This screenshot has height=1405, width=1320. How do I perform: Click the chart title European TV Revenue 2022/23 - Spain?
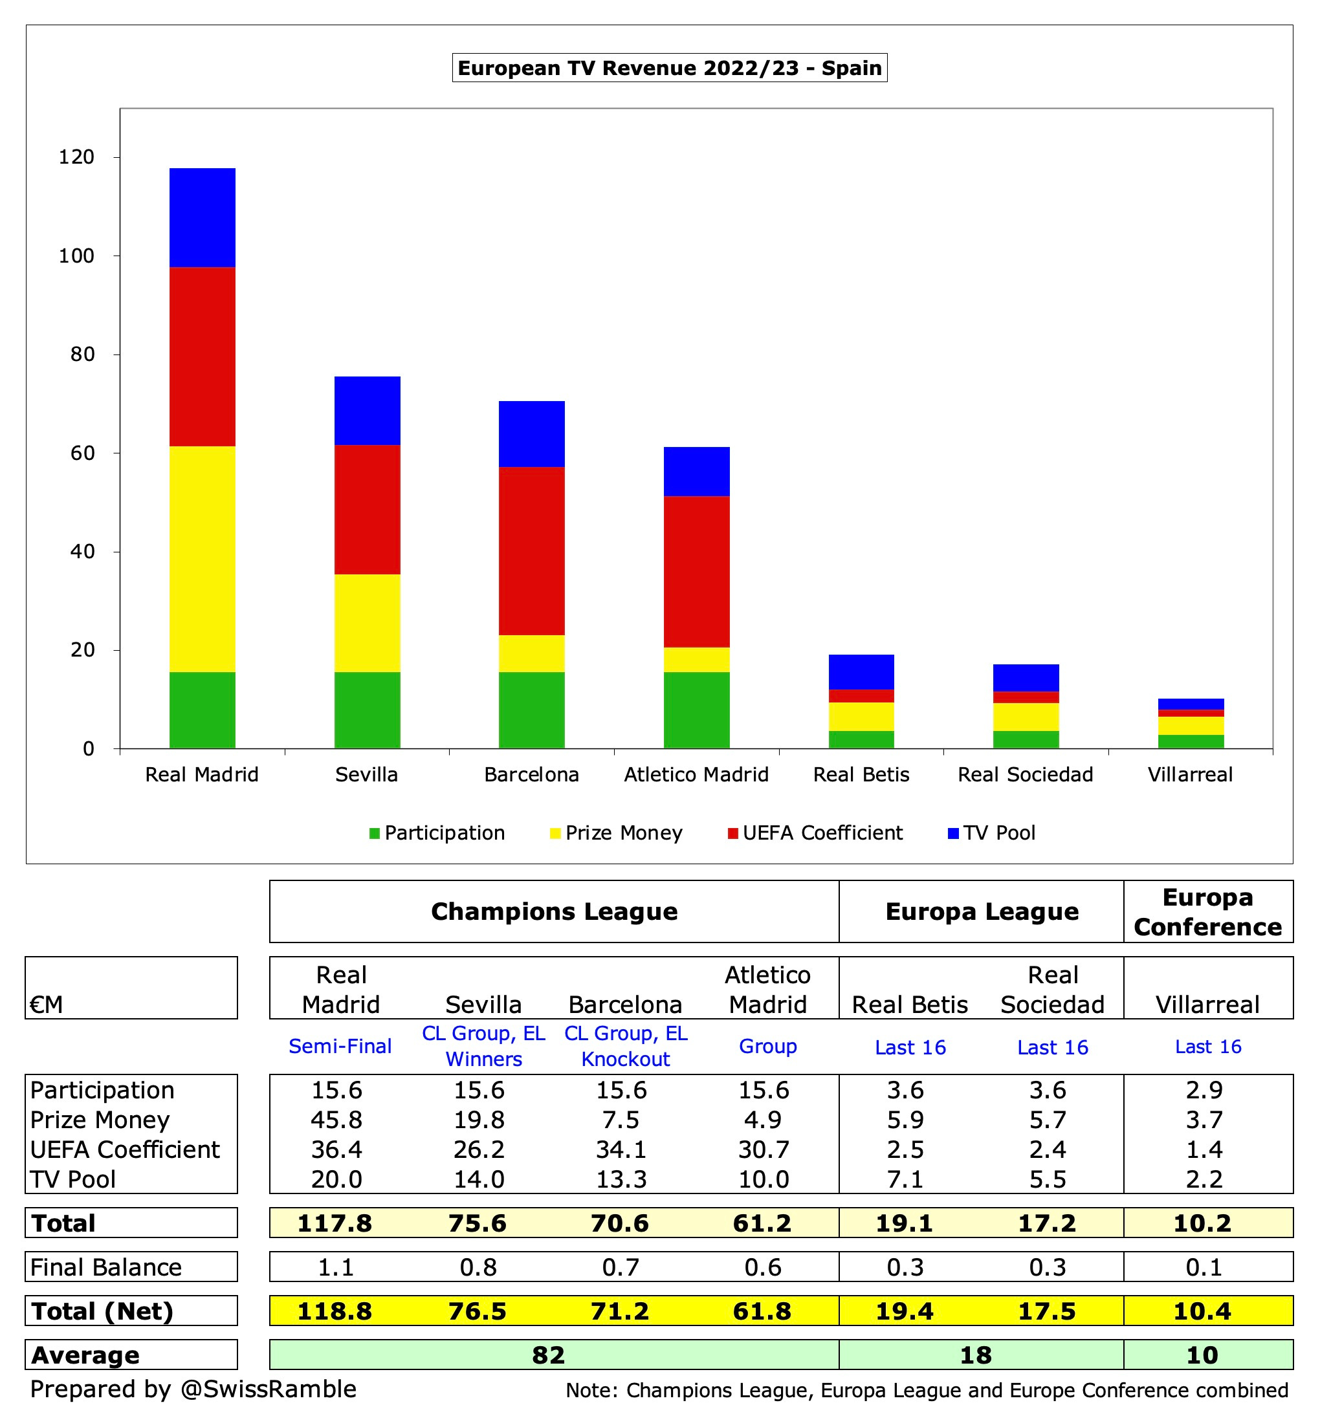coord(669,68)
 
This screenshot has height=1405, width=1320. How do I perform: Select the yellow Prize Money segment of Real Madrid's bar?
coord(203,558)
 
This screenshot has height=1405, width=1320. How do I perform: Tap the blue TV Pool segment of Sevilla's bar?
coord(367,411)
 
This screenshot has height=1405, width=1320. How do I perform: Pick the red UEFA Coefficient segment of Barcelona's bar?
coord(532,550)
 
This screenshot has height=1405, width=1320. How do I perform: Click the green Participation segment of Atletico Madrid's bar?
coord(696,710)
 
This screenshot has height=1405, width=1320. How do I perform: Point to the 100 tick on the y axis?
coord(76,256)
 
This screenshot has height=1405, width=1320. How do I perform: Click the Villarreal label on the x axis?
coord(1190,774)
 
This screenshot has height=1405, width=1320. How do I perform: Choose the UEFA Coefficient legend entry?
coord(822,833)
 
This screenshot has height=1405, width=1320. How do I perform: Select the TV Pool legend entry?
coord(998,833)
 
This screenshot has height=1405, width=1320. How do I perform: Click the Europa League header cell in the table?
coord(982,911)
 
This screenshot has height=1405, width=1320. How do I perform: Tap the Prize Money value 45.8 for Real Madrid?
coord(336,1120)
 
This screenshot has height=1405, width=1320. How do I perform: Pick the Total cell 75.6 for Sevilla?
coord(478,1223)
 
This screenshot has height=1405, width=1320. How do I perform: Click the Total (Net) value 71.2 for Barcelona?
coord(620,1311)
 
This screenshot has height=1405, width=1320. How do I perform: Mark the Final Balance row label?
coord(106,1267)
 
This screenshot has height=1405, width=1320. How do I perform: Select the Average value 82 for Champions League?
coord(549,1355)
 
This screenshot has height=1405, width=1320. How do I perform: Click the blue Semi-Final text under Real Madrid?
coord(340,1046)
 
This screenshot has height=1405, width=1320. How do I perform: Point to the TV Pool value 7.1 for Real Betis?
coord(906,1179)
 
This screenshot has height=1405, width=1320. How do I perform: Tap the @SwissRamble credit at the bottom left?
coord(268,1389)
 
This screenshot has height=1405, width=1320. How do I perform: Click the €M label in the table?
coord(47,1005)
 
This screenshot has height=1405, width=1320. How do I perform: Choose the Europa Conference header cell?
coord(1207,911)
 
